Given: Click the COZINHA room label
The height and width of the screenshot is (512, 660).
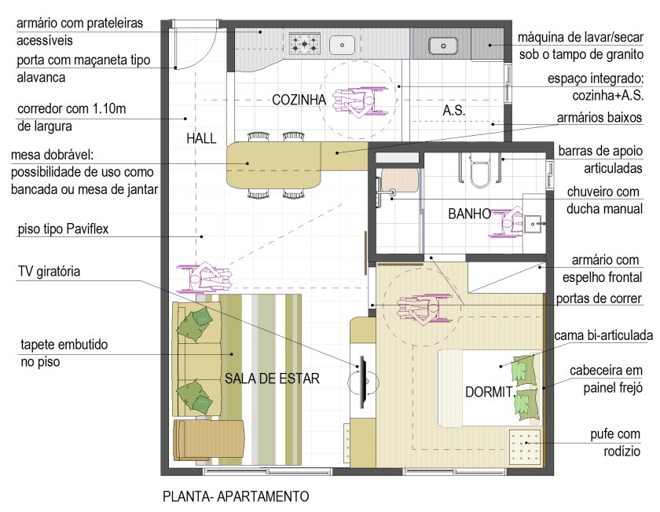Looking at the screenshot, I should point(299,100).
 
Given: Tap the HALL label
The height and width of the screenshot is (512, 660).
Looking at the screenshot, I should point(201,138).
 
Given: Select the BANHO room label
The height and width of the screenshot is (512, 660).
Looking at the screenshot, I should point(469,213).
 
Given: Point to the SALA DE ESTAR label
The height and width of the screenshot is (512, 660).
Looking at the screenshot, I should point(272,379).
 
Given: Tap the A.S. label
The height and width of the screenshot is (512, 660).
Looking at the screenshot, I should point(453,111).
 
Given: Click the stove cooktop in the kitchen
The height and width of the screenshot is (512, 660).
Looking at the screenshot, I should point(302,44).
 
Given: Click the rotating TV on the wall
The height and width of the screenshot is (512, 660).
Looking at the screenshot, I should point(363,382).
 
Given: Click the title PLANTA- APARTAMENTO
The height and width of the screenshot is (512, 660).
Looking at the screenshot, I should point(236,496).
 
